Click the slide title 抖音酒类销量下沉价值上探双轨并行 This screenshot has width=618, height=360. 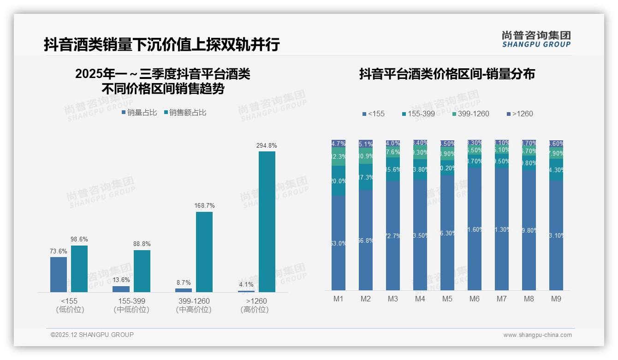[162, 44]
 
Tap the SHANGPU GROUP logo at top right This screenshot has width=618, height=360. [536, 39]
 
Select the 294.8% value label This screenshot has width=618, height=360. [267, 145]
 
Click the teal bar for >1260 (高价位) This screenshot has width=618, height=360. [267, 222]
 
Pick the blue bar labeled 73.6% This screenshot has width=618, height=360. [59, 274]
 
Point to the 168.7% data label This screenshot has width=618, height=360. [204, 205]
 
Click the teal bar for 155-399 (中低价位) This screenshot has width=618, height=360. [142, 271]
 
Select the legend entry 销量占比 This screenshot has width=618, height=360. [139, 112]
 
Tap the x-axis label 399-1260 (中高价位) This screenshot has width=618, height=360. [194, 305]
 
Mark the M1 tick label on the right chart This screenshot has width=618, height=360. [339, 299]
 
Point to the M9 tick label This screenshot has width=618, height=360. [556, 299]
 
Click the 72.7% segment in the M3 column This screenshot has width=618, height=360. [393, 235]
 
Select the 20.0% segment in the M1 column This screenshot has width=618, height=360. [339, 180]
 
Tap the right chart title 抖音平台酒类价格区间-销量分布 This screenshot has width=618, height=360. [447, 74]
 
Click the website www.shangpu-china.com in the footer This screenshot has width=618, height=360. [537, 335]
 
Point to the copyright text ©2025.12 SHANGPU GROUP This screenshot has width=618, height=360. [92, 335]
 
